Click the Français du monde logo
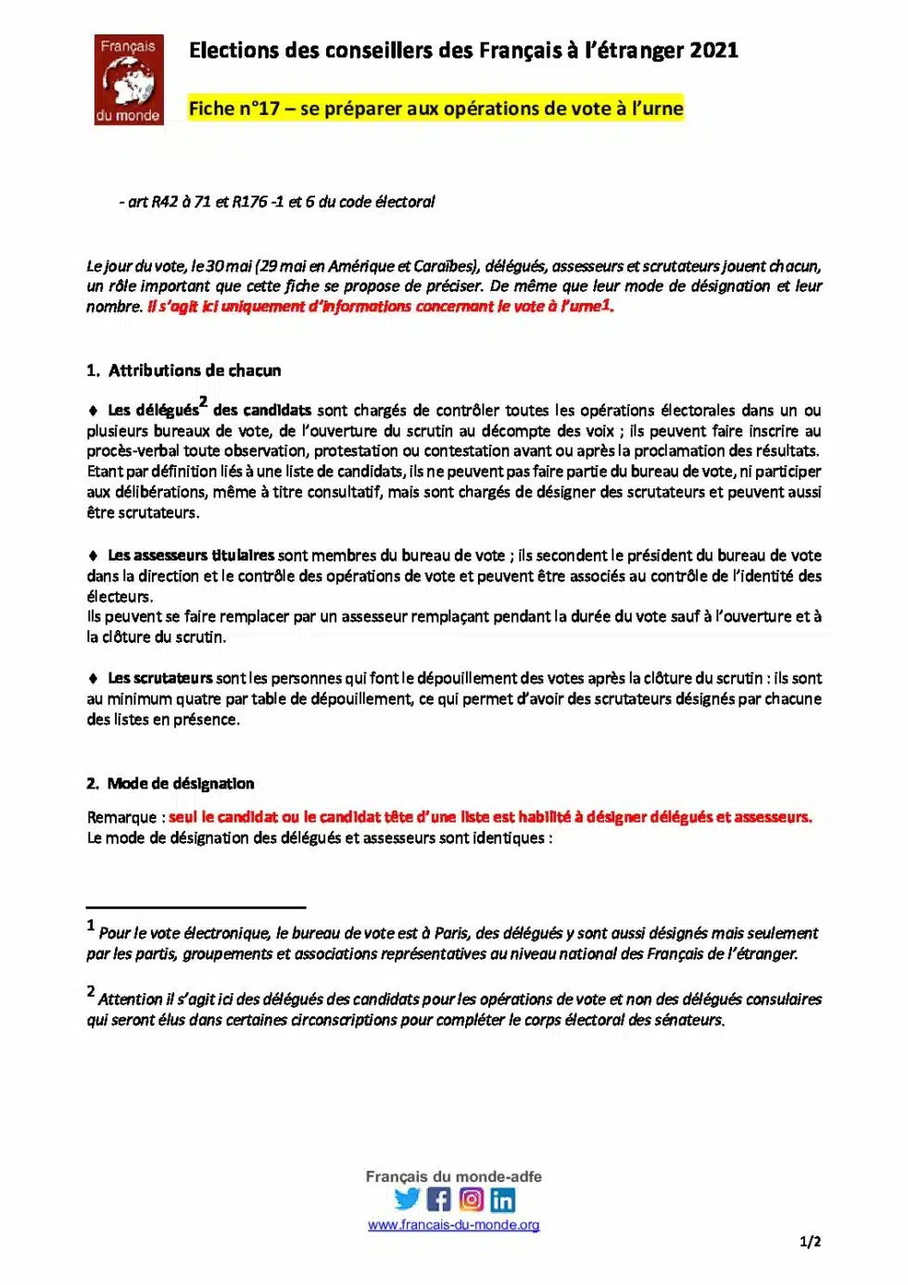[x=129, y=80]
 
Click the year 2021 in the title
[x=713, y=50]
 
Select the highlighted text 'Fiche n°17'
[x=233, y=108]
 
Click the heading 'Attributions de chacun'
[x=195, y=371]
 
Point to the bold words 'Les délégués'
[x=153, y=410]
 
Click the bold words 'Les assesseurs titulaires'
[x=191, y=556]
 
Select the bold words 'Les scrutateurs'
[x=159, y=678]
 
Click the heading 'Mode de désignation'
[x=181, y=784]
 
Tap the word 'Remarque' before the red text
[x=121, y=817]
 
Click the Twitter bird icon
[x=407, y=1199]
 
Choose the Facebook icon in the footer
[x=439, y=1200]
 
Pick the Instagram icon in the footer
[x=472, y=1200]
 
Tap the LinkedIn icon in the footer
[x=502, y=1201]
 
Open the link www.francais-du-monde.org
[x=453, y=1225]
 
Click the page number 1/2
[x=810, y=1241]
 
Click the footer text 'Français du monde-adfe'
[x=453, y=1177]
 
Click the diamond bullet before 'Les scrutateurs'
[x=93, y=678]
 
